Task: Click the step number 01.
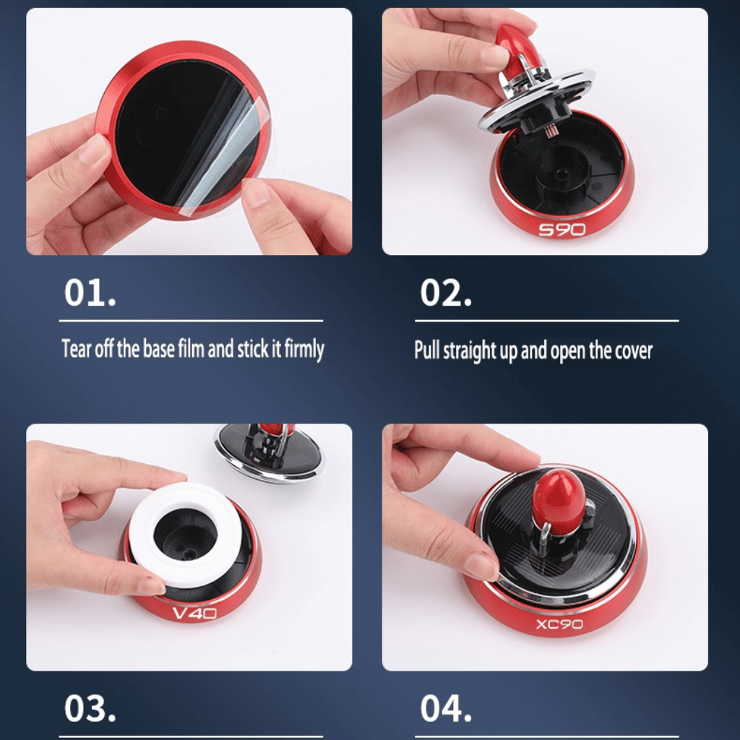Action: pos(90,293)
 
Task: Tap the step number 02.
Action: pos(446,293)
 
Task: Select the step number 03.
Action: pos(90,709)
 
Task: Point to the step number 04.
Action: pos(446,709)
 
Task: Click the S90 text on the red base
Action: pos(562,230)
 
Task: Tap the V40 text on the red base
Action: pos(194,614)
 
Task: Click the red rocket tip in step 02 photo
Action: pos(515,43)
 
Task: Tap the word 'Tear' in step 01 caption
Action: pos(76,350)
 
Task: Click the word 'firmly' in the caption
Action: pos(304,350)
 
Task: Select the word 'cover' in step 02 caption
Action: pos(634,351)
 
